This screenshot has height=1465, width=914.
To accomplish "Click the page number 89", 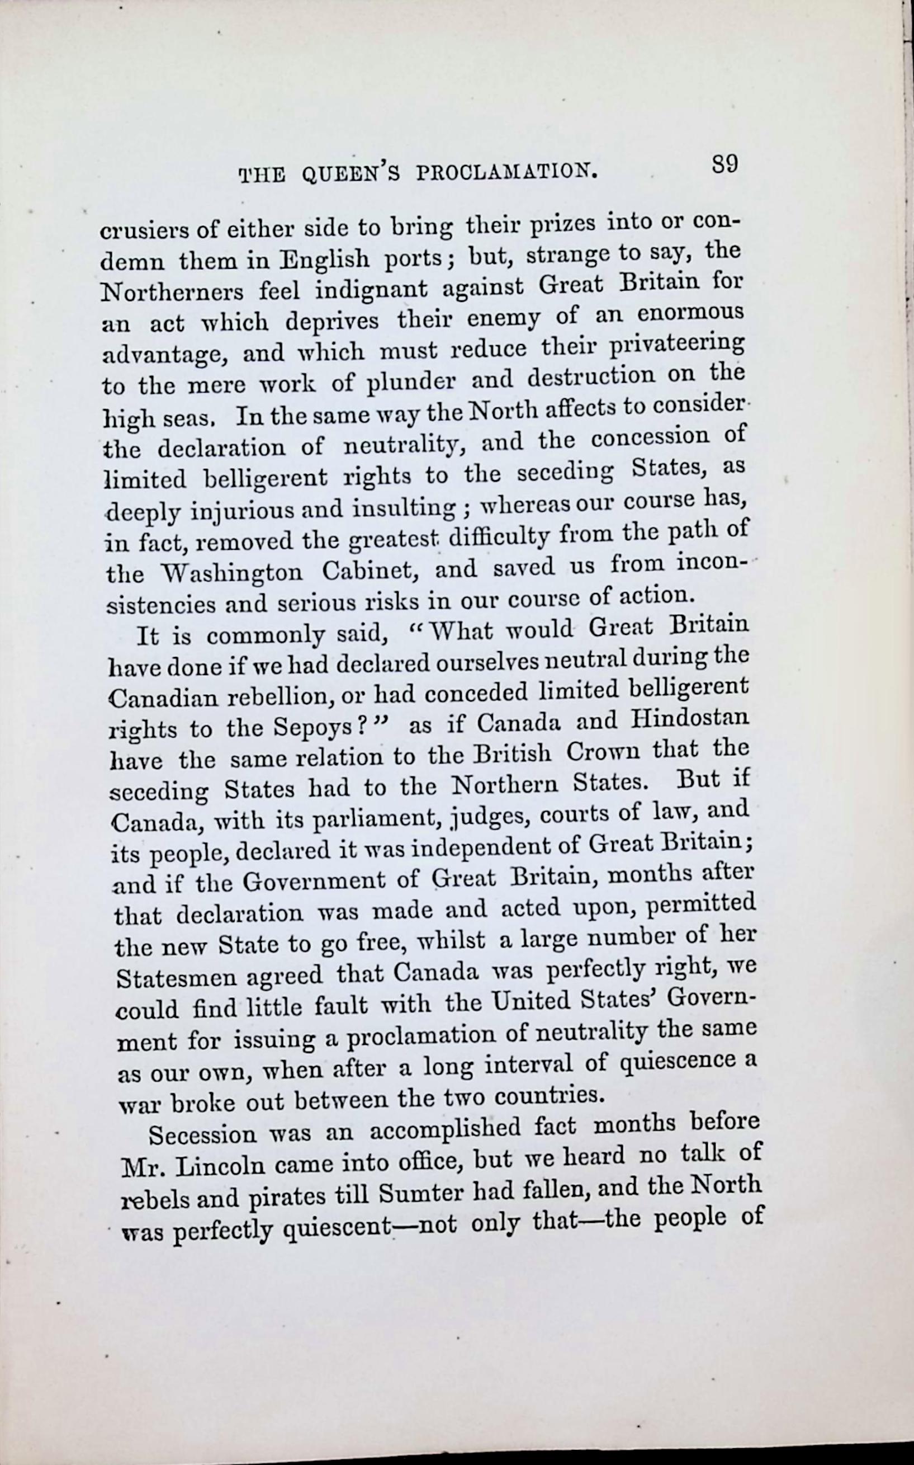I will pos(724,165).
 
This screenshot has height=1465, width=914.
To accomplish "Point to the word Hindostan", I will pos(689,719).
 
